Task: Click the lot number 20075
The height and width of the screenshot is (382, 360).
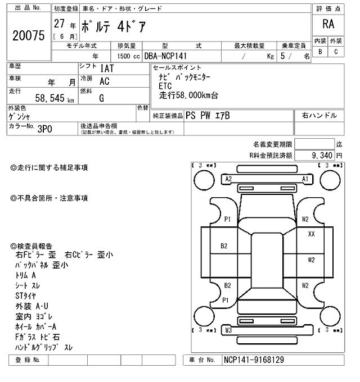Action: pyautogui.click(x=28, y=35)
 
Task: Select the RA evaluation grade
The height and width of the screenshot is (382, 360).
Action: pyautogui.click(x=328, y=24)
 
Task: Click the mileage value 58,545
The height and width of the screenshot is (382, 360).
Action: pyautogui.click(x=51, y=97)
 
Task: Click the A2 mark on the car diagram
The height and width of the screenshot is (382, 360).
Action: pyautogui.click(x=228, y=179)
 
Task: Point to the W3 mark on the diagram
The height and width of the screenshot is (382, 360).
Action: pyautogui.click(x=228, y=330)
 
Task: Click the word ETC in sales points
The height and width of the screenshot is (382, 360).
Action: pyautogui.click(x=165, y=86)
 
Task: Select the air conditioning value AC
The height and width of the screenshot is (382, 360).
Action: pyautogui.click(x=104, y=81)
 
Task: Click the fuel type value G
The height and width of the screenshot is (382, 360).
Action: pyautogui.click(x=101, y=98)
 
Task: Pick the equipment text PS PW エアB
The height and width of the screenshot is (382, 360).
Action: pyautogui.click(x=208, y=115)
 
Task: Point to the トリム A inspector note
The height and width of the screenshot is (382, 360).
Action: pyautogui.click(x=26, y=275)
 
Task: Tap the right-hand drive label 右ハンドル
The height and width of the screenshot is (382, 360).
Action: pyautogui.click(x=319, y=115)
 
